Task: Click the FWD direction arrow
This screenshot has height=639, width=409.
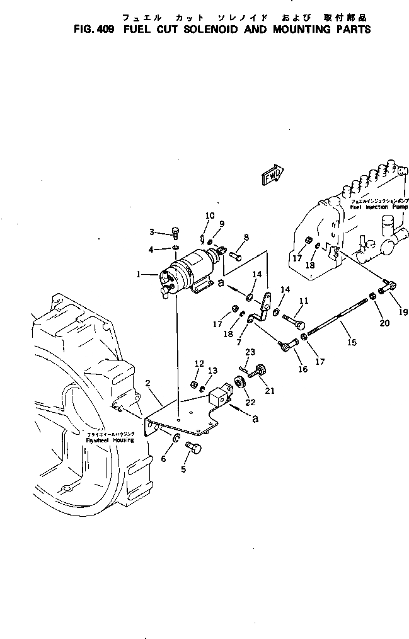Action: [x=271, y=175]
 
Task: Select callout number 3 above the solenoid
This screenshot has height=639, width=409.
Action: [x=151, y=232]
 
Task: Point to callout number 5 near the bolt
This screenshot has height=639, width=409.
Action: [x=183, y=469]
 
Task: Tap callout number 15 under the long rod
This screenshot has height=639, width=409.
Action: [x=352, y=343]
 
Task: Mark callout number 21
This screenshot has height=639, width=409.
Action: [x=270, y=391]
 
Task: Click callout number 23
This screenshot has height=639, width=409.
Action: [x=250, y=352]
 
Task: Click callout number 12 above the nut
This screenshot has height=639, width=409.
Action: [x=199, y=364]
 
